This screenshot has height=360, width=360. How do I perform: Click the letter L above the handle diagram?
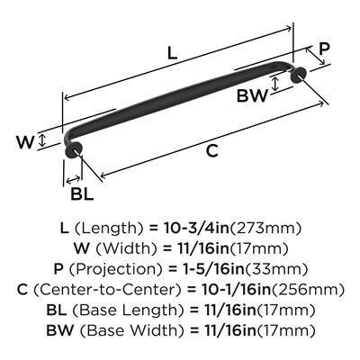coord(172,54)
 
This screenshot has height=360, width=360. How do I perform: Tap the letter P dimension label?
coord(324,49)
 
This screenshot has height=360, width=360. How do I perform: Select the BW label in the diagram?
coord(252,96)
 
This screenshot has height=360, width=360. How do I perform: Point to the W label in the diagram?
coord(25,142)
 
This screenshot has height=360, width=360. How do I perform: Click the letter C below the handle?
coord(212,150)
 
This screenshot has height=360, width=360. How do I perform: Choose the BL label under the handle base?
coord(82,194)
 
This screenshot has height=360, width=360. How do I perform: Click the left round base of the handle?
coord(73,149)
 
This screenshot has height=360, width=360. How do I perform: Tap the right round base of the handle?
coord(298,74)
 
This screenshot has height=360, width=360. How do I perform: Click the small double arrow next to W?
coord(42,140)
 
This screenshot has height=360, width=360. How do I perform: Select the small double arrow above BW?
coord(274,84)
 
